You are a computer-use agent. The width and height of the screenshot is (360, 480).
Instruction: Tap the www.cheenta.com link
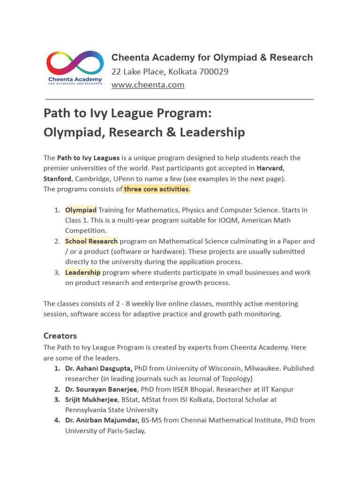click(x=148, y=85)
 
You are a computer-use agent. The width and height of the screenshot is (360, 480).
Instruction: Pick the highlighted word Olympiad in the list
click(x=81, y=210)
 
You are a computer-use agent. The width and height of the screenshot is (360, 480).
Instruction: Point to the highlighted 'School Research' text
click(x=91, y=241)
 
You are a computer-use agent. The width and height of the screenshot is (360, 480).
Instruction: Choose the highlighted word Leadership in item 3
click(x=82, y=272)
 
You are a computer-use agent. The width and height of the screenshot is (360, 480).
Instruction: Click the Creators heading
click(x=60, y=336)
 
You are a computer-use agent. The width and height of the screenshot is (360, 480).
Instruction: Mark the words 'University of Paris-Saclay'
click(x=105, y=430)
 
